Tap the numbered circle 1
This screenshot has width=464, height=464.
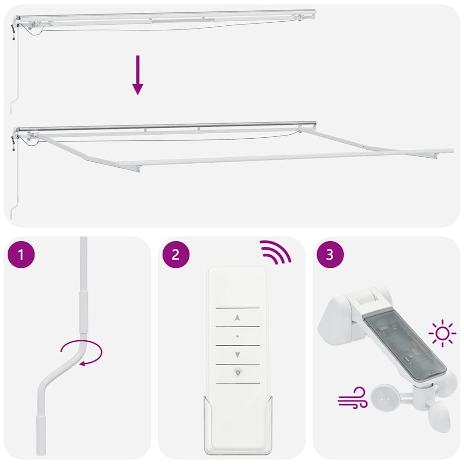tap(21, 255)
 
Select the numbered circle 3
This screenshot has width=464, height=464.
tap(330, 255)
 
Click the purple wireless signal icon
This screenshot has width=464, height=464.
tap(275, 252)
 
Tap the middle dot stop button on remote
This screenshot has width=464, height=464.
tap(237, 336)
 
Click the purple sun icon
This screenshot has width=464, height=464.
tap(442, 334)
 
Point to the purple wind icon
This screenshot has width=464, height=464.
tap(352, 397)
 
